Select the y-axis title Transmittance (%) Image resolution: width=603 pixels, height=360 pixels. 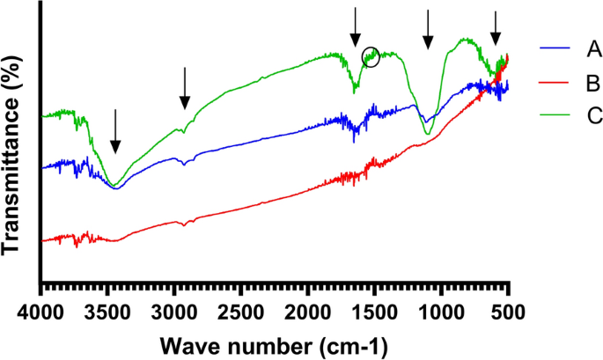12,152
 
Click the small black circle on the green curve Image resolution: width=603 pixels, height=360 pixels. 371,56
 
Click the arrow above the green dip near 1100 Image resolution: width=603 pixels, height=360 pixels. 428,30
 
